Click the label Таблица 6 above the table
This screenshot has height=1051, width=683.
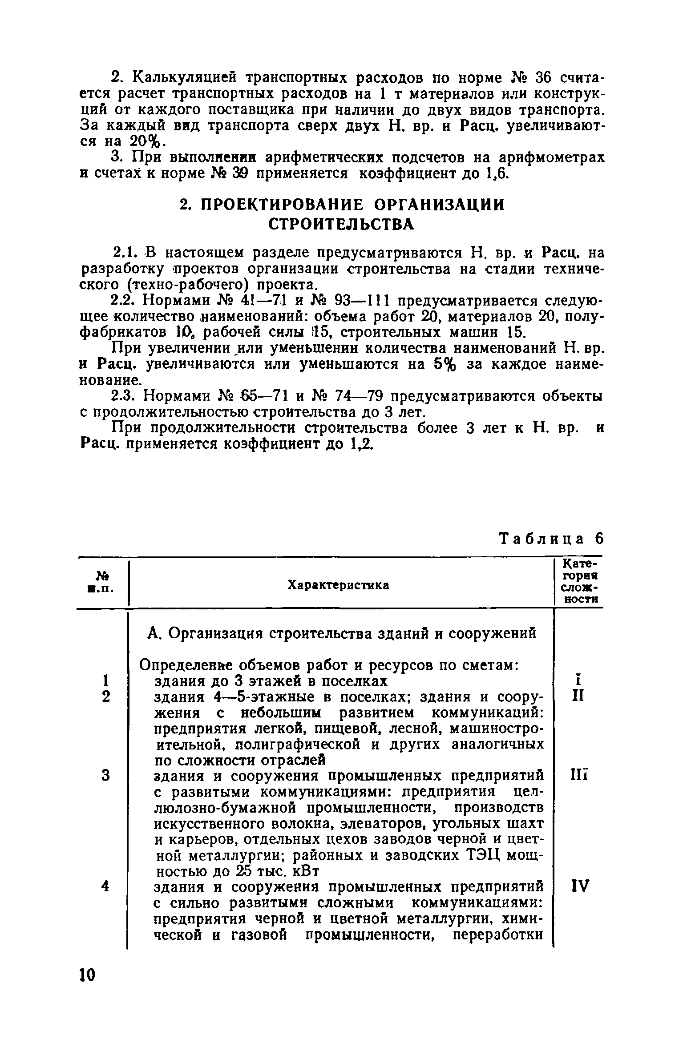(x=552, y=539)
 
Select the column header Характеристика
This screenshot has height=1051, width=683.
(x=338, y=585)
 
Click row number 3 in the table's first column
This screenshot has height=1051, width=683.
(x=105, y=776)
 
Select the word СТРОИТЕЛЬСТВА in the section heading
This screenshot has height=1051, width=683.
(x=341, y=225)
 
